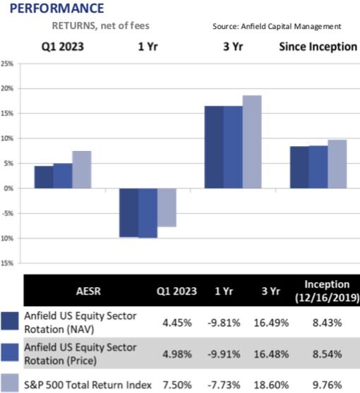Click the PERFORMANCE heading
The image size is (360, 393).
point(53,8)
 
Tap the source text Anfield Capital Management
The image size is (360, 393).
point(277,26)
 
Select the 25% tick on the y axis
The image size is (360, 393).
point(8,64)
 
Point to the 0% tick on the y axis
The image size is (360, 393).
point(9,188)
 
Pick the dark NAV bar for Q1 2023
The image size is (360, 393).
point(43,177)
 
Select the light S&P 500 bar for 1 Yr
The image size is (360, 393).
point(166,207)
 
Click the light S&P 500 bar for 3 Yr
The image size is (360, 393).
point(251,142)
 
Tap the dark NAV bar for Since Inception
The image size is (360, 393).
point(299,167)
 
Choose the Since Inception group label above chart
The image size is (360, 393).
point(317,47)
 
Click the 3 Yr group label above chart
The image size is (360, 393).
point(232,47)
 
